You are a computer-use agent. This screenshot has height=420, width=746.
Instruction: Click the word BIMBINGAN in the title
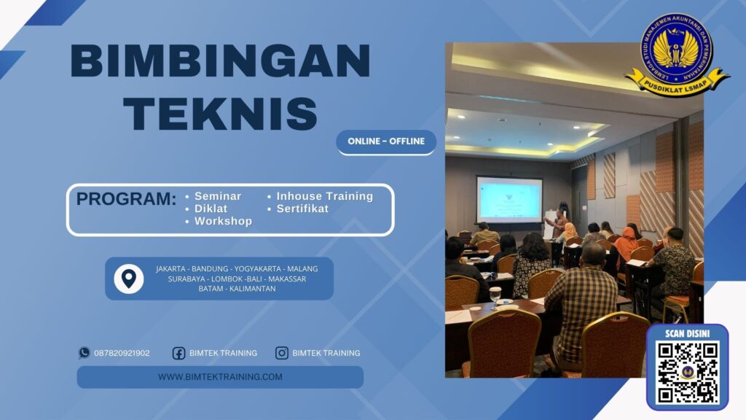pyautogui.click(x=220, y=61)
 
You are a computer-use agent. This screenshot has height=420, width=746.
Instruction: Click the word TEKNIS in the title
pyautogui.click(x=220, y=114)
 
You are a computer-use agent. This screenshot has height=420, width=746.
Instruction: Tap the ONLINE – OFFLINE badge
pyautogui.click(x=386, y=141)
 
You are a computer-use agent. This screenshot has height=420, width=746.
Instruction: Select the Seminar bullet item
pyautogui.click(x=217, y=196)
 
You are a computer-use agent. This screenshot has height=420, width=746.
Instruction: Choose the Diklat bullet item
pyautogui.click(x=211, y=209)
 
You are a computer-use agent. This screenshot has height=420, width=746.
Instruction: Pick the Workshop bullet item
pyautogui.click(x=223, y=221)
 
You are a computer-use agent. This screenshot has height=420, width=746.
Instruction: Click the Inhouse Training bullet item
pyautogui.click(x=324, y=196)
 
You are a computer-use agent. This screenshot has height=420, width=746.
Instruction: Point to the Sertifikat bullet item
pyautogui.click(x=302, y=209)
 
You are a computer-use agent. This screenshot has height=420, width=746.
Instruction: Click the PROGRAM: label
pyautogui.click(x=126, y=199)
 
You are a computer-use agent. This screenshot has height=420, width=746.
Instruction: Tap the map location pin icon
pyautogui.click(x=128, y=278)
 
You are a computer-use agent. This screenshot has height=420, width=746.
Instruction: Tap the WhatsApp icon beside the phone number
pyautogui.click(x=85, y=353)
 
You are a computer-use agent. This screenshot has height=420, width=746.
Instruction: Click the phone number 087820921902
pyautogui.click(x=122, y=353)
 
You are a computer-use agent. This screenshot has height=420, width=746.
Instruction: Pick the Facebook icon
pyautogui.click(x=178, y=353)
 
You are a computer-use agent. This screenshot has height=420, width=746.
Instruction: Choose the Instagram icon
pyautogui.click(x=282, y=353)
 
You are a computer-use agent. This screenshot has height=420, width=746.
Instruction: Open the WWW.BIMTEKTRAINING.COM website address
pyautogui.click(x=220, y=377)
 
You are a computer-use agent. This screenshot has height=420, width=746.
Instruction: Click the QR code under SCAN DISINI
pyautogui.click(x=688, y=372)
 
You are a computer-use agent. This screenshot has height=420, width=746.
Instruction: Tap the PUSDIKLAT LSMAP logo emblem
pyautogui.click(x=677, y=54)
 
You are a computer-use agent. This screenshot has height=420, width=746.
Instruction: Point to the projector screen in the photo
pyautogui.click(x=509, y=199)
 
